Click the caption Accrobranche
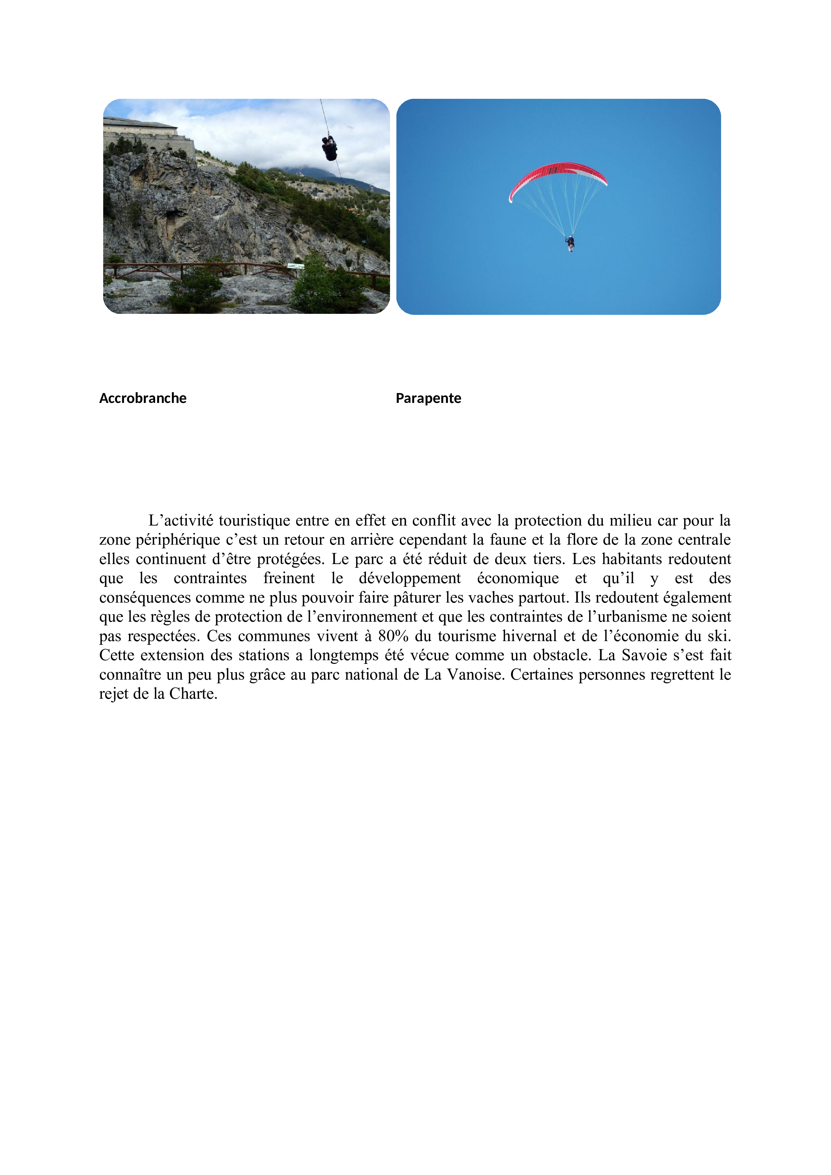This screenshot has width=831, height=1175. click(x=142, y=398)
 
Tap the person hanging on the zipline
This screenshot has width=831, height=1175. click(x=329, y=148)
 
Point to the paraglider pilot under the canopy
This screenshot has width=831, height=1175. click(x=570, y=243)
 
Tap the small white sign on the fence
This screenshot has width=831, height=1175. click(x=296, y=266)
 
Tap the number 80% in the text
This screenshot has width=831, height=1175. click(x=393, y=636)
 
